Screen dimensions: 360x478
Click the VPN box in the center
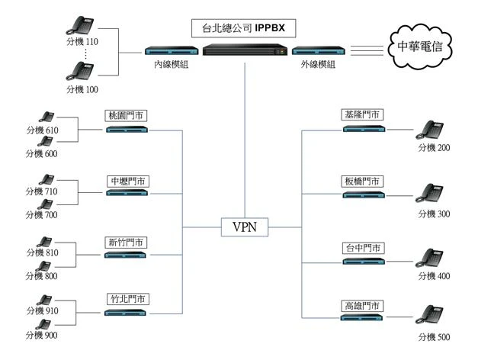[243, 227]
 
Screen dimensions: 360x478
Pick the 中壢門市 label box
[127, 181]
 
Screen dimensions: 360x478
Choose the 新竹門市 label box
[127, 243]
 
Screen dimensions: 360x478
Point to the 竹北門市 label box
[127, 300]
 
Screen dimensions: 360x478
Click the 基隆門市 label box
[362, 115]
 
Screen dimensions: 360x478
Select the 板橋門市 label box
[362, 181]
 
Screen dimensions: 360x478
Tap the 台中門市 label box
[362, 248]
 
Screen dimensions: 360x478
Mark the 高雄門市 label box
[362, 306]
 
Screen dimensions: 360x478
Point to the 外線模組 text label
[316, 65]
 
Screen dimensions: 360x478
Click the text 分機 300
[435, 214]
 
